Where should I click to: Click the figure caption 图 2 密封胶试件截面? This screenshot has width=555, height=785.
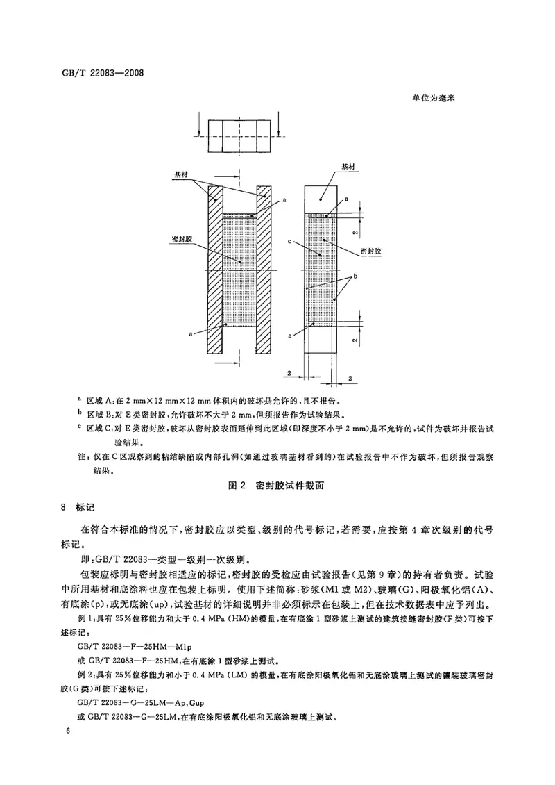click(x=277, y=488)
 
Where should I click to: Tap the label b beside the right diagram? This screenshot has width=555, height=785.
click(x=355, y=276)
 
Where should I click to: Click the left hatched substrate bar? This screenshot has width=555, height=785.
click(x=214, y=271)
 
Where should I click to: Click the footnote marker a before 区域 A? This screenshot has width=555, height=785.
click(x=79, y=400)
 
